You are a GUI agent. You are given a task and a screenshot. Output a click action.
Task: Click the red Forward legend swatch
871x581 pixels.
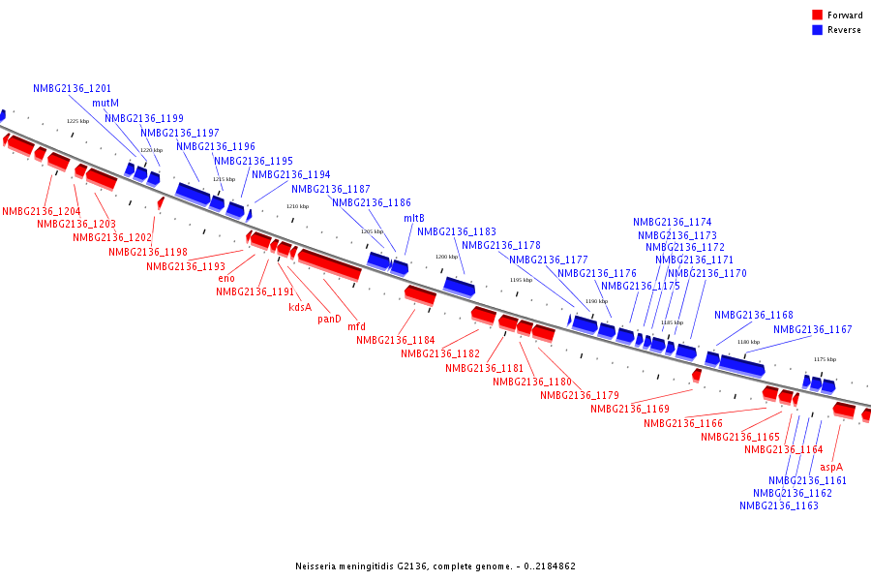click(x=818, y=15)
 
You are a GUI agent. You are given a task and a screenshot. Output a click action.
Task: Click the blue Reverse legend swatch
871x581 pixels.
click(x=818, y=30)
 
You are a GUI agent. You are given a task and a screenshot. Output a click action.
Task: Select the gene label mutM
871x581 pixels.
click(x=105, y=103)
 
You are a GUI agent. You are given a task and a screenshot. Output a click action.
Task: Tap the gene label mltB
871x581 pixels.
click(x=414, y=218)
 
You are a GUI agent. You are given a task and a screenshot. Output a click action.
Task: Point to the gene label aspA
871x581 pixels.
click(x=832, y=466)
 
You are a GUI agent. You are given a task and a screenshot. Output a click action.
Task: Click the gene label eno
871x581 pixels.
click(x=226, y=278)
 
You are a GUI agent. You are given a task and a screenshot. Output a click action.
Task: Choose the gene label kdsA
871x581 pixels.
click(x=300, y=307)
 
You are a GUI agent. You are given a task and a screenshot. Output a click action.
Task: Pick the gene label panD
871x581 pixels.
click(x=329, y=319)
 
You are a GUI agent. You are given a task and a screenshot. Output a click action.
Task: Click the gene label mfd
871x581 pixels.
click(x=356, y=326)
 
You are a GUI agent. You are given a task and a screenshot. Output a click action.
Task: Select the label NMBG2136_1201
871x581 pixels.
click(x=72, y=88)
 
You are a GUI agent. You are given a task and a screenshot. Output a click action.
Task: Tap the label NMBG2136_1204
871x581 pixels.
click(x=42, y=211)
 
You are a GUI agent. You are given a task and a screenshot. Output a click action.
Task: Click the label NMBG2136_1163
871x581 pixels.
click(x=779, y=505)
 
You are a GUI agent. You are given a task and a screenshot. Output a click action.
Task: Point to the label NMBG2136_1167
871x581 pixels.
click(x=813, y=329)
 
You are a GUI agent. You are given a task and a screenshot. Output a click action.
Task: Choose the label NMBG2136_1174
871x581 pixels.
click(x=673, y=222)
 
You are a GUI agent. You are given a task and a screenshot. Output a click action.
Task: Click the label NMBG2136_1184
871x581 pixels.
click(x=396, y=340)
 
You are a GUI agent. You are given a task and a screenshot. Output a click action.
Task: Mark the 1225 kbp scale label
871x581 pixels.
click(x=77, y=121)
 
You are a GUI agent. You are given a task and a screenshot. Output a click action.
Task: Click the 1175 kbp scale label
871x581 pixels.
click(x=825, y=359)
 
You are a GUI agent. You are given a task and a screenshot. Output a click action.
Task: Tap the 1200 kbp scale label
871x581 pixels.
click(x=446, y=257)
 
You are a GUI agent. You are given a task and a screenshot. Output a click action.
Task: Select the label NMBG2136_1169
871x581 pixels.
click(x=630, y=409)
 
